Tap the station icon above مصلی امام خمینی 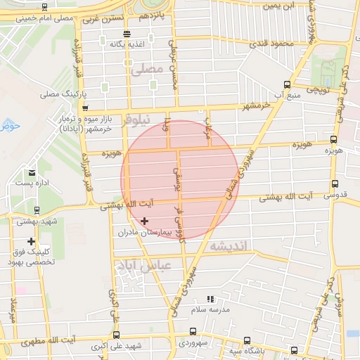(45, 8)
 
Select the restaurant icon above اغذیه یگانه (127, 34)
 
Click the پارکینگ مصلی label (62, 93)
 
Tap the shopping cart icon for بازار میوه (86, 108)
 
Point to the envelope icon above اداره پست (32, 172)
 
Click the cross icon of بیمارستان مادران (145, 221)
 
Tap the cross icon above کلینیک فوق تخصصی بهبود (31, 241)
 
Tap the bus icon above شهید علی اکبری (116, 335)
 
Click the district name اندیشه (229, 246)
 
